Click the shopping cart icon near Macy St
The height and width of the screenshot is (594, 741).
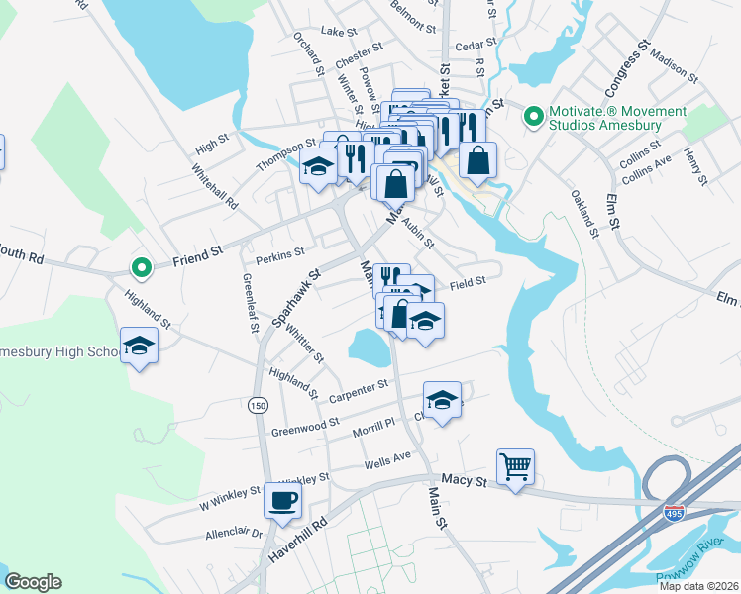515,465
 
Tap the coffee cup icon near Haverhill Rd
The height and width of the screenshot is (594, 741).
283,499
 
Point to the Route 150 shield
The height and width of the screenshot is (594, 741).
258,405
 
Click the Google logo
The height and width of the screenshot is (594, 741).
33,582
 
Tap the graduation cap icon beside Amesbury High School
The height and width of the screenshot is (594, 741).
139,346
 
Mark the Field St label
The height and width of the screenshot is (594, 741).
467,282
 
